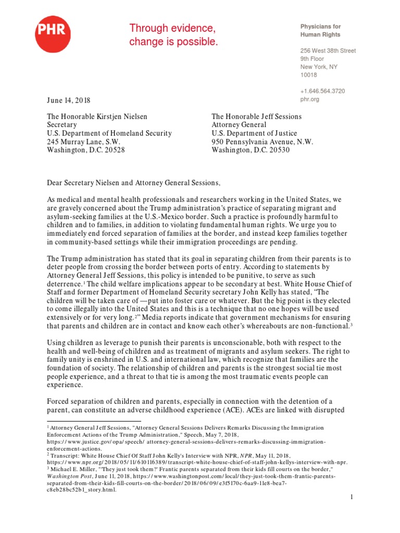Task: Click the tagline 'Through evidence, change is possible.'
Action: [173, 35]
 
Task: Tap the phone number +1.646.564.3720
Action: [322, 91]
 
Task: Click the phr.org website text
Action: [310, 99]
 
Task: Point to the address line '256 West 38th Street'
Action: [328, 51]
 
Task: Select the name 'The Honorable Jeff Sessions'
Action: [256, 117]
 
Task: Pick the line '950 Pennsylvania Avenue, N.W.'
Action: [262, 142]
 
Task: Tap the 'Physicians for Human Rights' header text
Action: [320, 31]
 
